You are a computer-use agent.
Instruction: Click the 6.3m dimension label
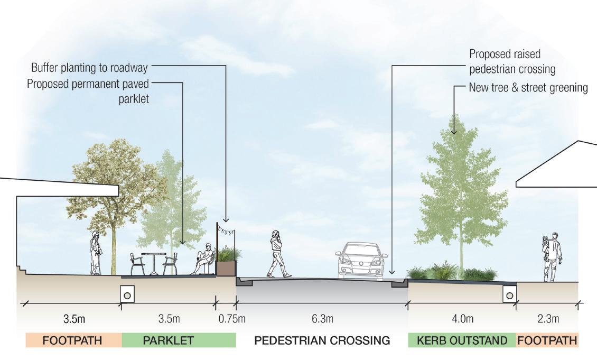[x=322, y=319]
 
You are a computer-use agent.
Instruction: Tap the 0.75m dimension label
[x=232, y=319]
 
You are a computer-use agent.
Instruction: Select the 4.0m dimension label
[x=462, y=319]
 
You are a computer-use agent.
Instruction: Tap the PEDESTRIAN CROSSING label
[x=322, y=340]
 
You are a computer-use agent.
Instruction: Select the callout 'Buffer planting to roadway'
[x=89, y=68]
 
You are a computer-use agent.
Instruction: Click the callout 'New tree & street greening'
[x=528, y=87]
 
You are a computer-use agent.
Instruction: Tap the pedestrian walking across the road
[x=278, y=254]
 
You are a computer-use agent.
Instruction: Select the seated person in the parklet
[x=203, y=259]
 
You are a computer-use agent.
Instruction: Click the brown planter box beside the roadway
[x=226, y=268]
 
